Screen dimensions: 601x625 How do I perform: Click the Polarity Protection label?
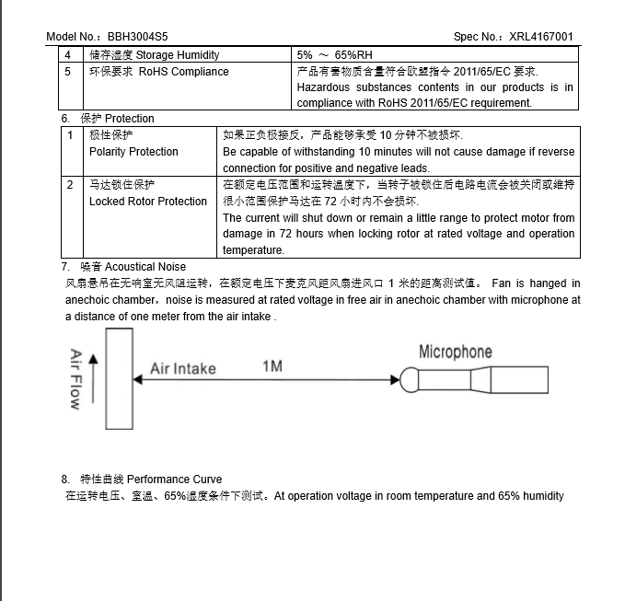pos(133,152)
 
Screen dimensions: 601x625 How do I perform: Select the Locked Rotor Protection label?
pos(148,202)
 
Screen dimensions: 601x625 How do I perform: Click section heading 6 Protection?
pos(108,119)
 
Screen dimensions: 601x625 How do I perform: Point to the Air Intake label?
pos(182,369)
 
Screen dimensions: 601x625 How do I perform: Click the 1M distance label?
pos(272,366)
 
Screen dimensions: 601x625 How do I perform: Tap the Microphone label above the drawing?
pos(455,352)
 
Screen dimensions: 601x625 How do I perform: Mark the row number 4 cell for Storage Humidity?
pos(67,55)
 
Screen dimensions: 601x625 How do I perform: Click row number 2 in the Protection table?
pos(70,185)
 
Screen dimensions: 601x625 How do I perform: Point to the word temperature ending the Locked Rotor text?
pos(253,250)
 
